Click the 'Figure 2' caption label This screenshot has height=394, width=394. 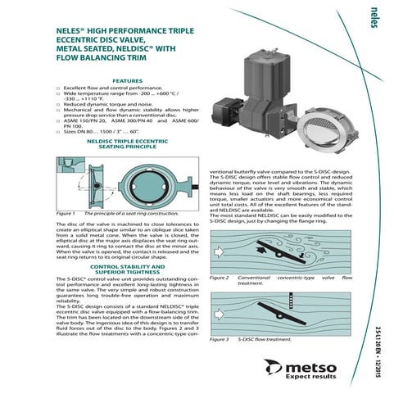tap(220, 278)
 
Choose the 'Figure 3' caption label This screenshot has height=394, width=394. tap(220, 338)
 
